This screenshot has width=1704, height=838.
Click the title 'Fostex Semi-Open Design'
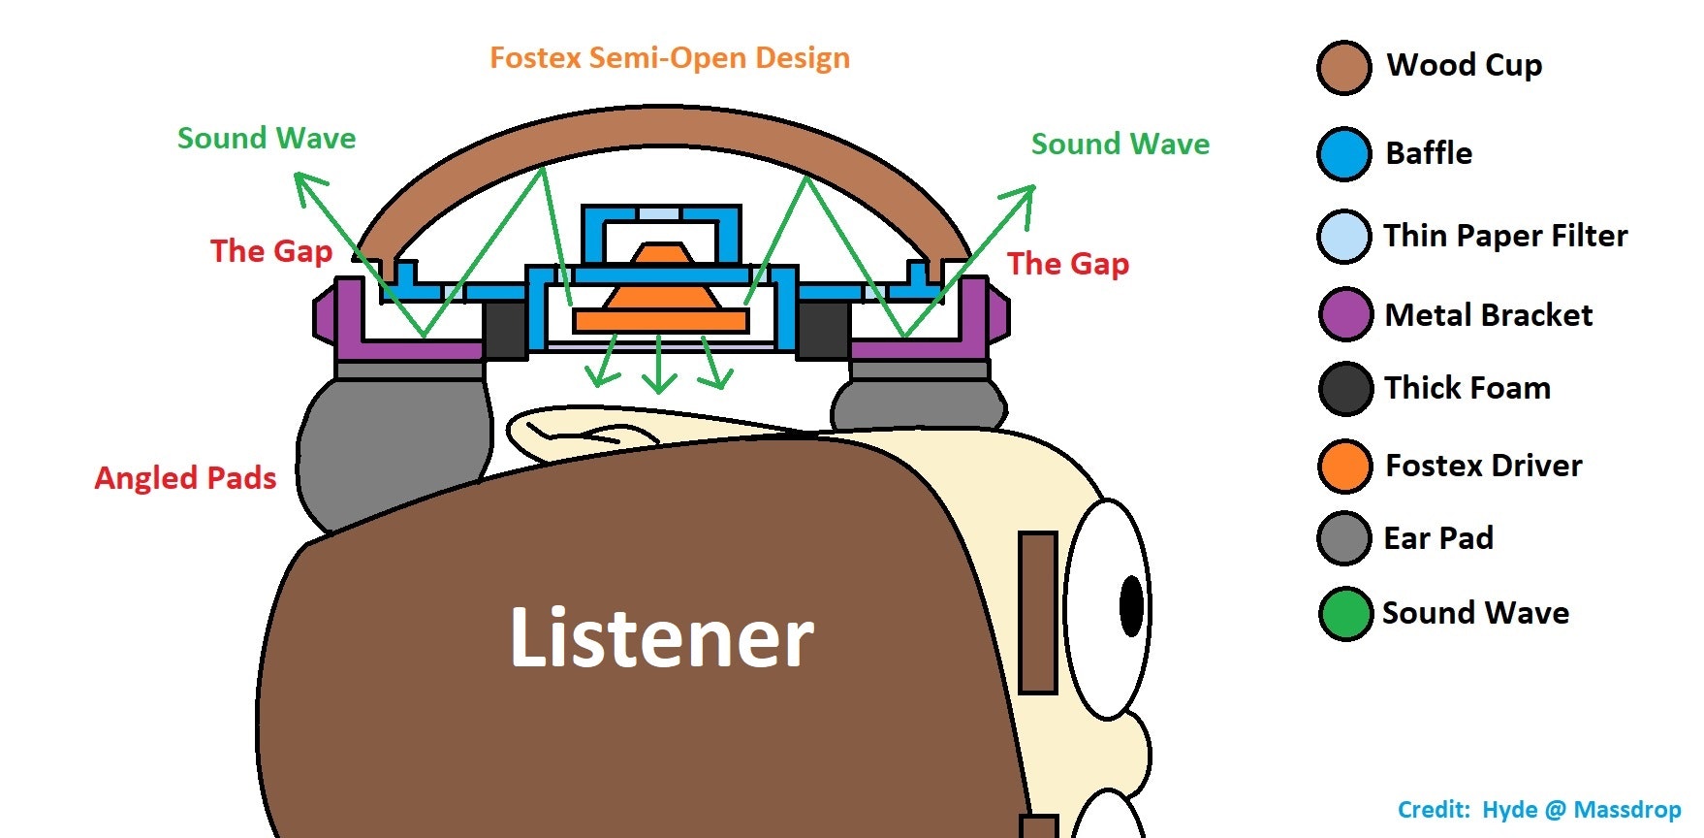click(670, 58)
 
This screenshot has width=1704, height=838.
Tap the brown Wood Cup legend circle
click(1344, 67)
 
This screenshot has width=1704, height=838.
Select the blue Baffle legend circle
click(1344, 153)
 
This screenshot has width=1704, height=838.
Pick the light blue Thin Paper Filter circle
click(1344, 236)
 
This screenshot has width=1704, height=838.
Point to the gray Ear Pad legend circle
click(1344, 538)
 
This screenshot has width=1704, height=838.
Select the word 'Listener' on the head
click(662, 637)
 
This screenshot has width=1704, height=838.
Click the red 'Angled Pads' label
click(185, 478)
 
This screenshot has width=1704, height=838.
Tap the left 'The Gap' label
click(271, 251)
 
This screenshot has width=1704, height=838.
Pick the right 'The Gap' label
click(1068, 264)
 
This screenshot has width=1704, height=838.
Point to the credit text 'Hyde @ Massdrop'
click(1582, 810)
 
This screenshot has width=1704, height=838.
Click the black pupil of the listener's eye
click(1131, 605)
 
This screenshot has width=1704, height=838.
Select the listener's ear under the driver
click(582, 431)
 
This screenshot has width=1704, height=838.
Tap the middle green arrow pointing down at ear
click(659, 367)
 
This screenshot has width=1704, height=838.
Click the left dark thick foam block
click(505, 329)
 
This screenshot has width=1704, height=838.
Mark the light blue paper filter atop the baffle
click(660, 212)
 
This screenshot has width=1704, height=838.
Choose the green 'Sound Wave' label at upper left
click(267, 139)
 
